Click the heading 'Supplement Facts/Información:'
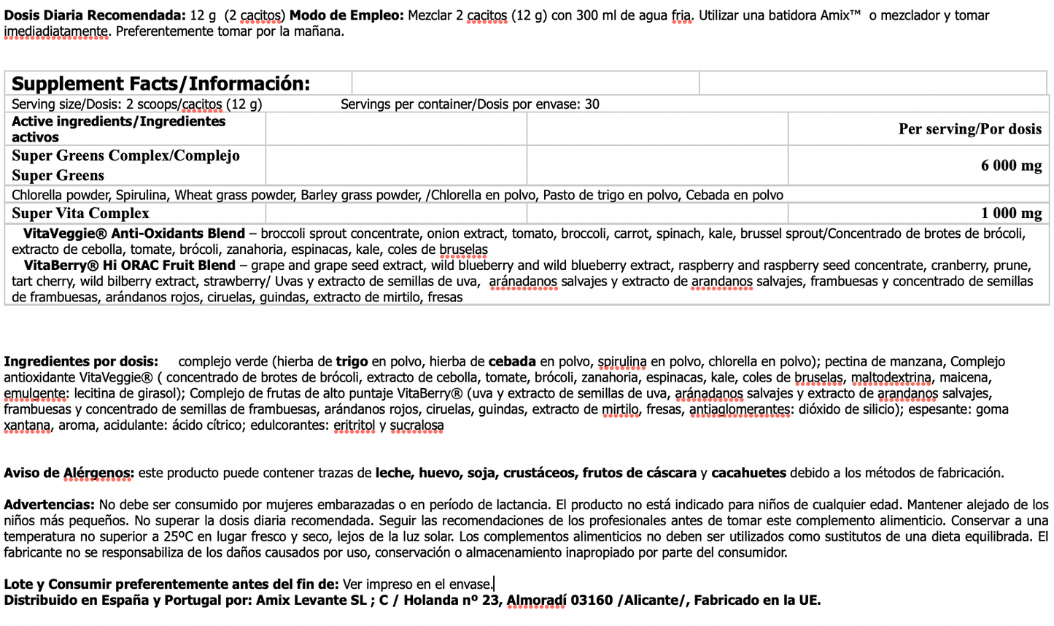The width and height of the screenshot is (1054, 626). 160,84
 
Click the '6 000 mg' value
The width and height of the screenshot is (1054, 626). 1011,166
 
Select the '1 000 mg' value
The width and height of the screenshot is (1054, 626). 1011,213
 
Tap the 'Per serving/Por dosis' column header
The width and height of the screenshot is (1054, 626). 969,129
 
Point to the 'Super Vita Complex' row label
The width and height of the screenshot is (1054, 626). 80,213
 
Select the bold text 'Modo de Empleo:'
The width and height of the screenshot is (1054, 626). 346,15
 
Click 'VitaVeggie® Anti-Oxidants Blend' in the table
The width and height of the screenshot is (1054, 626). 134,233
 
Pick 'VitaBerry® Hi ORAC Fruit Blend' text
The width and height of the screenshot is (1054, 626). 130,266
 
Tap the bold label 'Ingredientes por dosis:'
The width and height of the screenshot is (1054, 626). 81,361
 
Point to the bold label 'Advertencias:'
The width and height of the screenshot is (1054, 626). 49,505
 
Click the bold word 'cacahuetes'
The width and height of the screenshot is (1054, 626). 748,473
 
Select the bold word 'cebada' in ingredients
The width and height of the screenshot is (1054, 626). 512,361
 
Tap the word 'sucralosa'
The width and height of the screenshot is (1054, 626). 416,425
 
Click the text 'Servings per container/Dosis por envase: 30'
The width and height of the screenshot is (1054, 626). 470,104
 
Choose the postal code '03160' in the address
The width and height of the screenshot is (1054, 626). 592,600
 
